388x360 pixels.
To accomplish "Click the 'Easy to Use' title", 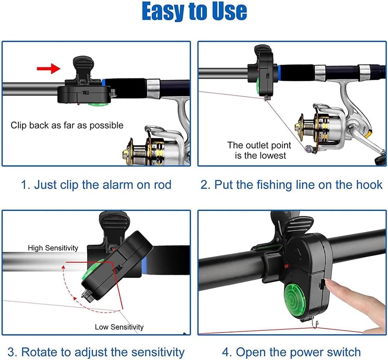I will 194,12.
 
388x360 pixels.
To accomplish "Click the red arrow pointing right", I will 48,69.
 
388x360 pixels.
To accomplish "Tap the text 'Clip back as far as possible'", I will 67,125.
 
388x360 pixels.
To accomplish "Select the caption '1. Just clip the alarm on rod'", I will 97,185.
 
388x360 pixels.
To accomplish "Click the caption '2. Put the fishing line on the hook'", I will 291,185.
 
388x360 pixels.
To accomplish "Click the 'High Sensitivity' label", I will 53,248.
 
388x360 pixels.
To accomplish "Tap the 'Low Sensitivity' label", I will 119,327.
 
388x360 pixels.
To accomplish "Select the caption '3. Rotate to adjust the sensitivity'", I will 96,352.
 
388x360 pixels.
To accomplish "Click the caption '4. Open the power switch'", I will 291,352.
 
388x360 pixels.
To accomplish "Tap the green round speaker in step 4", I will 297,299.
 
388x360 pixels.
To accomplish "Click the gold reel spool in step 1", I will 138,150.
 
